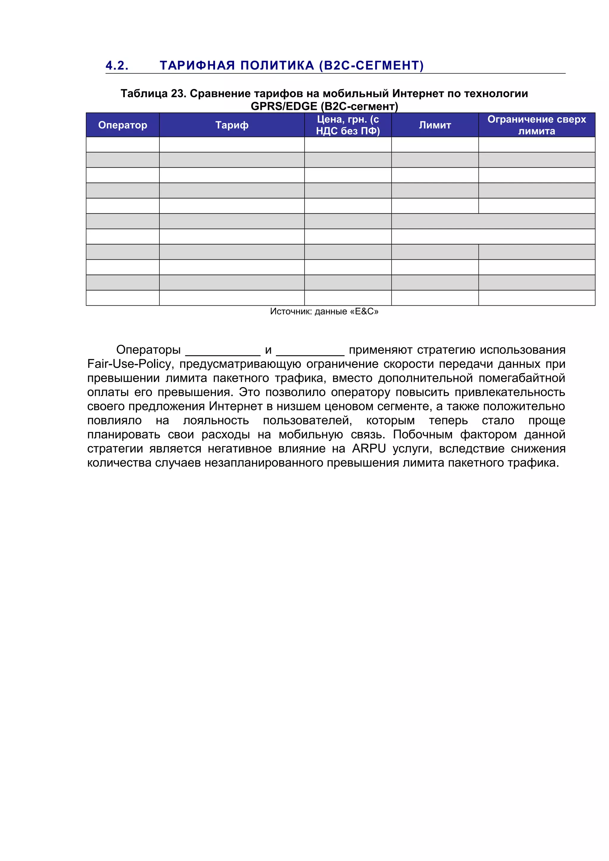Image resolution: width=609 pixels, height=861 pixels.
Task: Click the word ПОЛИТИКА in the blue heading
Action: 277,66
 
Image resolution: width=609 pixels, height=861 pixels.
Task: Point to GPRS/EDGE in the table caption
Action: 284,106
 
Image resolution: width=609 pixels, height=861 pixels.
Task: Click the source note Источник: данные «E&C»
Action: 324,312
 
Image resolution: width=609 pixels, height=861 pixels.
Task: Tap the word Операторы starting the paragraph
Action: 148,350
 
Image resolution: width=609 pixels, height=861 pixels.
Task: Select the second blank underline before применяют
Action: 310,352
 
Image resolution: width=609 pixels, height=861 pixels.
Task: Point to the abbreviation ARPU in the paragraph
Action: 368,449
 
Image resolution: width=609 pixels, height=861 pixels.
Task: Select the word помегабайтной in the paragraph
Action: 522,378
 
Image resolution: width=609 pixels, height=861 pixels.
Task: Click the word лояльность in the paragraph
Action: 216,421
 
